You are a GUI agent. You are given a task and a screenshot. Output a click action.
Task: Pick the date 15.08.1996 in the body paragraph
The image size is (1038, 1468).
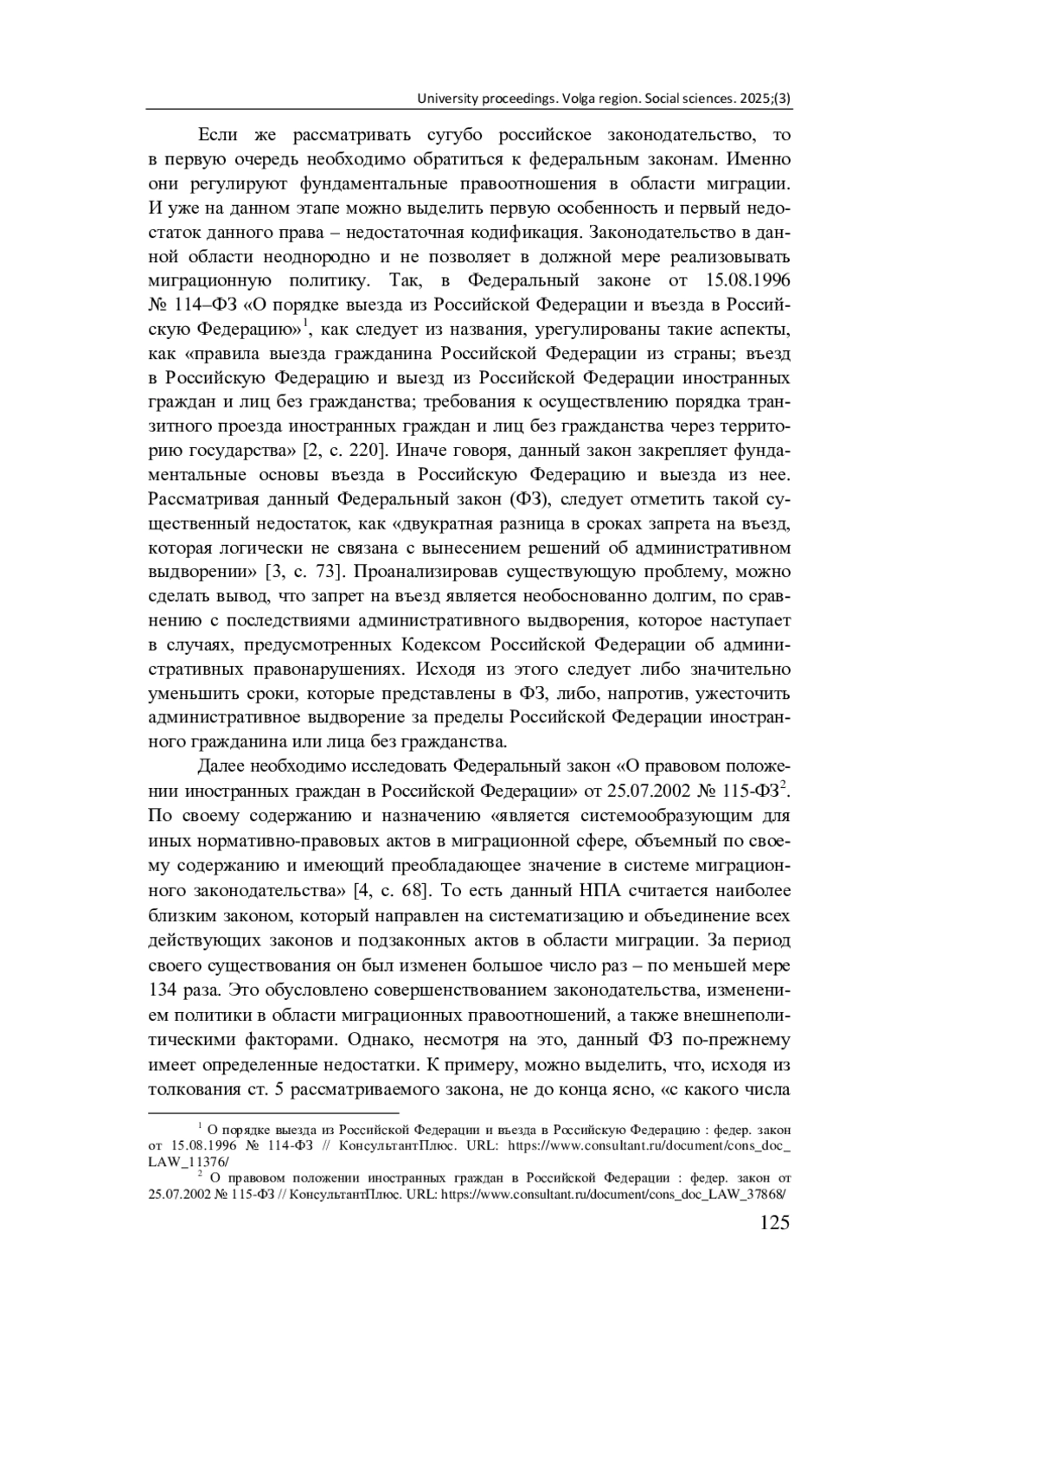click(x=747, y=281)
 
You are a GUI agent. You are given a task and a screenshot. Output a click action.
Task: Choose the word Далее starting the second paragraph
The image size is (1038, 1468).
click(x=221, y=766)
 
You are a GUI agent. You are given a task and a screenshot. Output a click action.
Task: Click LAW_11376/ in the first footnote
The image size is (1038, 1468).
click(x=183, y=1162)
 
